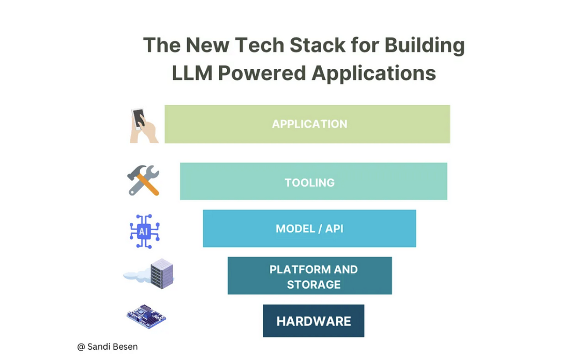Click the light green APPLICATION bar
click(307, 124)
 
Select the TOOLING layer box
click(313, 182)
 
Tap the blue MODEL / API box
click(309, 228)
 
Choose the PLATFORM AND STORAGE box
click(309, 276)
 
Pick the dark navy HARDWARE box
click(313, 321)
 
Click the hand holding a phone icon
click(143, 125)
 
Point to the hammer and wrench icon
click(143, 181)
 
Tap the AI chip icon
click(144, 231)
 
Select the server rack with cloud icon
click(150, 274)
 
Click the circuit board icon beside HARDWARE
click(146, 316)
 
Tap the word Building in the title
click(425, 46)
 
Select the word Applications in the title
click(374, 73)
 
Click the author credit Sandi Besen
click(112, 347)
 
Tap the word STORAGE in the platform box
click(313, 284)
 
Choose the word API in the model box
click(334, 229)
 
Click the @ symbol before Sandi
click(81, 347)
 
